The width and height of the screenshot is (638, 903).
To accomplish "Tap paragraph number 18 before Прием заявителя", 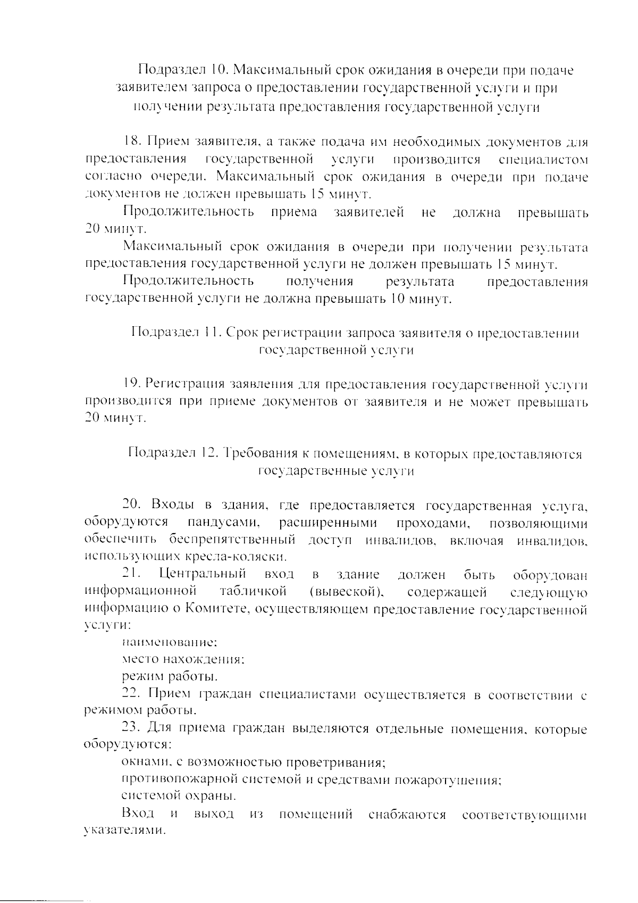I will [x=132, y=142].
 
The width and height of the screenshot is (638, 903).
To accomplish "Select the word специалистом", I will [x=543, y=160].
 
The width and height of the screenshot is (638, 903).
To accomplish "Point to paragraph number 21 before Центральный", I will [x=131, y=575].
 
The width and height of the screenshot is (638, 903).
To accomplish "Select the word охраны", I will [x=208, y=797].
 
